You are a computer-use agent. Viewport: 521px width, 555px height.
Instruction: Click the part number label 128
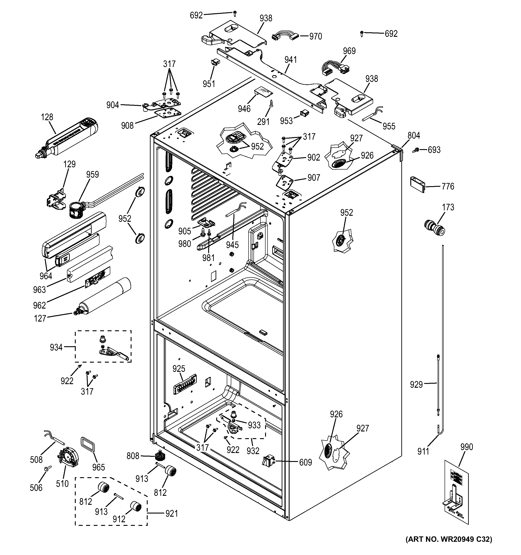tap(47, 117)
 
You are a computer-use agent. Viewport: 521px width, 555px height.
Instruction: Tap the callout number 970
tap(316, 36)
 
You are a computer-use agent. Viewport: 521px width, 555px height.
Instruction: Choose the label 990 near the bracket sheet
tap(466, 447)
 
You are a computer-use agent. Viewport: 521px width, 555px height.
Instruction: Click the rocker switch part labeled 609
tap(268, 461)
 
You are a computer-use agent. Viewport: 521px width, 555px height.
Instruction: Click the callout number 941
tap(291, 60)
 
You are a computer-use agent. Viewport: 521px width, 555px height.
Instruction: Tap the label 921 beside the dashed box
tap(171, 513)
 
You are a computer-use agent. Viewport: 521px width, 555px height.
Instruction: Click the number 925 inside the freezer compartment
tap(179, 369)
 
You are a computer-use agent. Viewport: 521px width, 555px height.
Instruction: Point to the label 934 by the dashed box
tap(56, 347)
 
